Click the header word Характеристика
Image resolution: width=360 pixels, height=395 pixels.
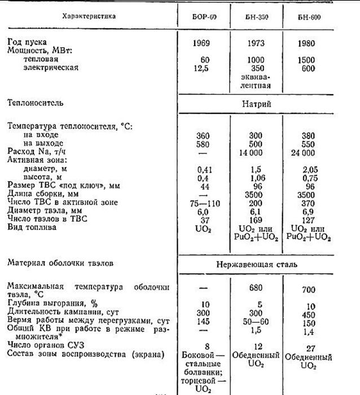[x=89, y=16]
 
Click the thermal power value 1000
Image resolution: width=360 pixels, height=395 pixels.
[x=258, y=60]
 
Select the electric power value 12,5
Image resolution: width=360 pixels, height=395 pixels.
[x=203, y=68]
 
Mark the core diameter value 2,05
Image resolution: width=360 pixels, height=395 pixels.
[x=311, y=168]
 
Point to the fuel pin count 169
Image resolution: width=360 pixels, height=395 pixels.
[x=258, y=219]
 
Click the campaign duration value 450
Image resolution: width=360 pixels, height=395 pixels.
[x=311, y=314]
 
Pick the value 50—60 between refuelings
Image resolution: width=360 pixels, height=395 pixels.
[x=258, y=322]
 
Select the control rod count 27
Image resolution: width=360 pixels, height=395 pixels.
[x=311, y=348]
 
